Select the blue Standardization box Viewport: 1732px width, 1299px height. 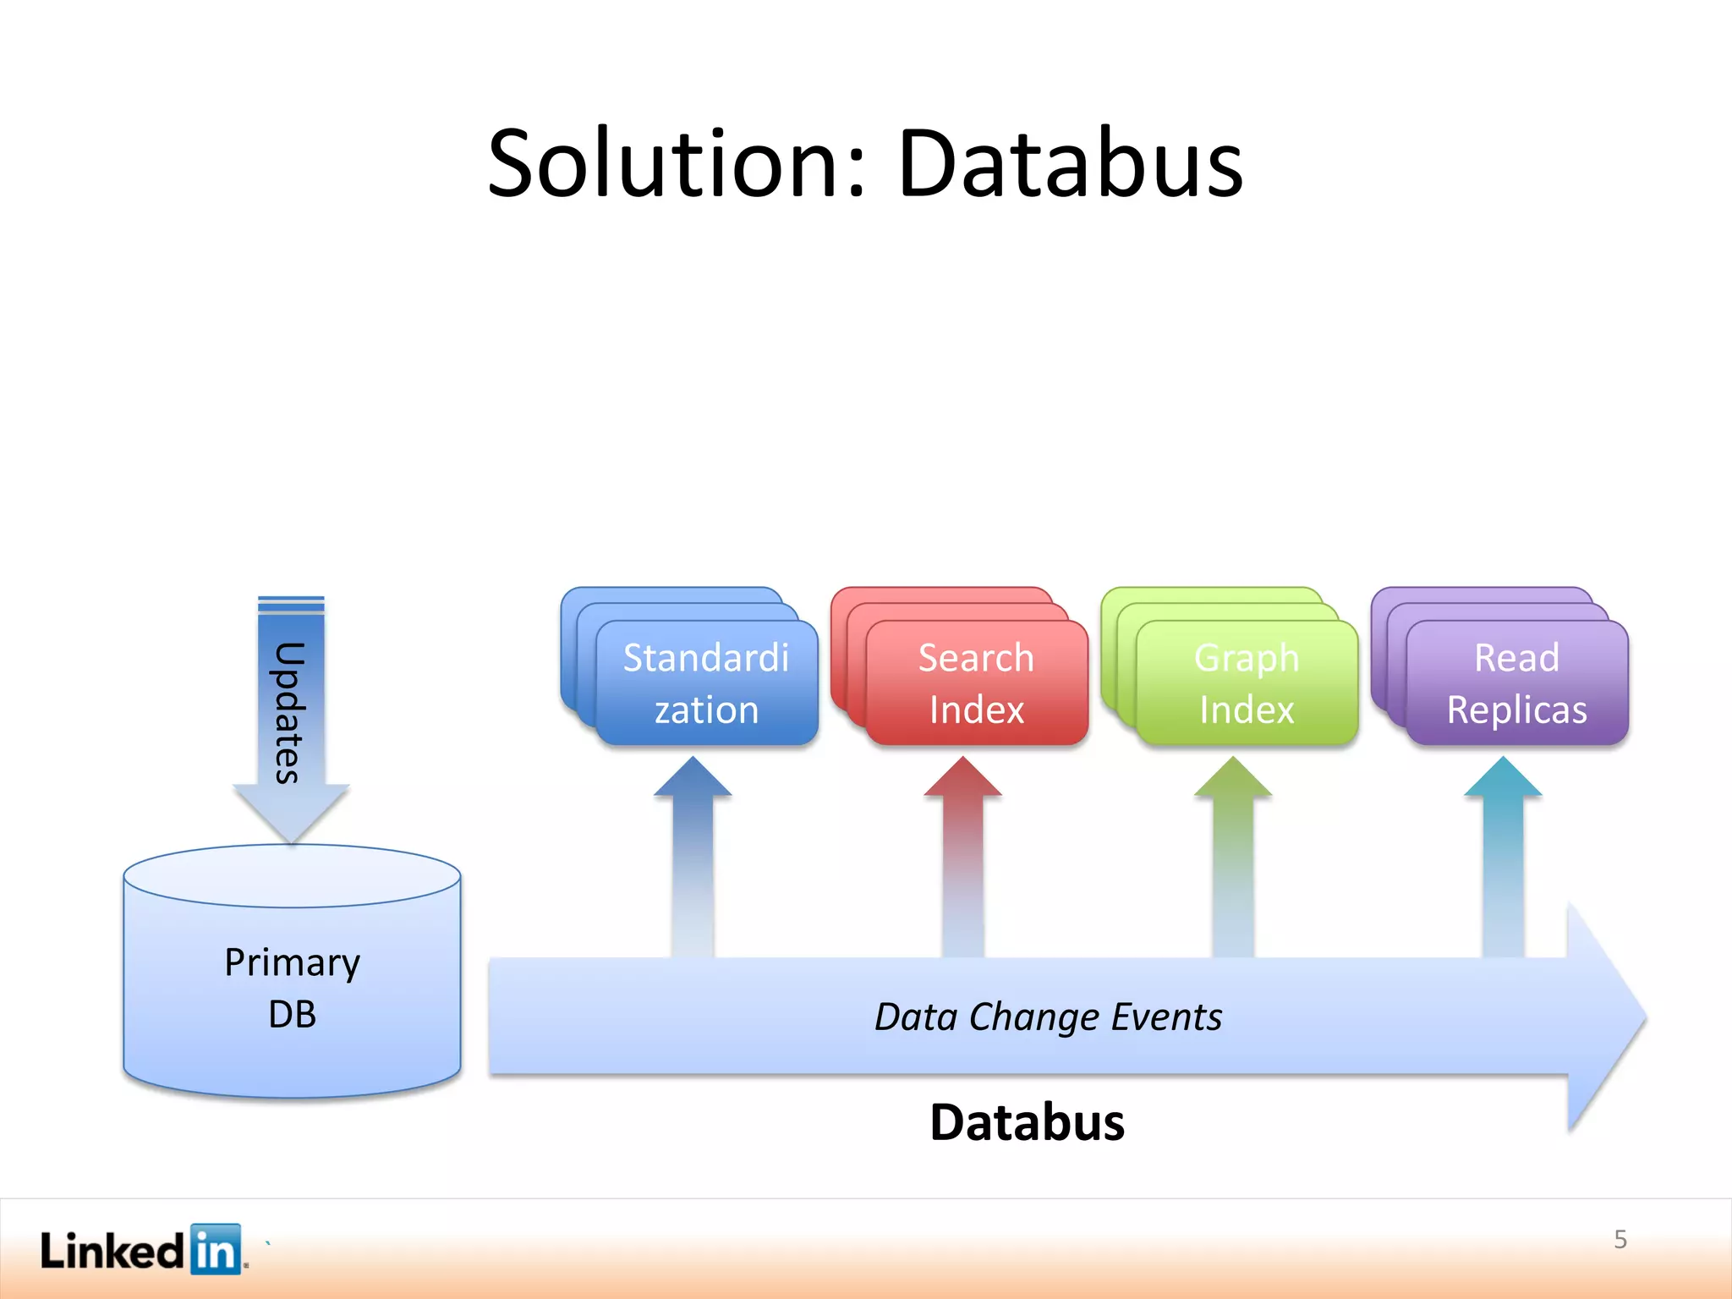coord(706,683)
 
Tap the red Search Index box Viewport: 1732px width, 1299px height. coord(976,683)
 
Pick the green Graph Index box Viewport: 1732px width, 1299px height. coord(1247,683)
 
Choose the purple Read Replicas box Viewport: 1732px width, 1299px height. coord(1516,683)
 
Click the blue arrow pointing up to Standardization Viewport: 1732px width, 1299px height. coord(693,854)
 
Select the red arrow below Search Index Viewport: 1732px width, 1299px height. coord(963,854)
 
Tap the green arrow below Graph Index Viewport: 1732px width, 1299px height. coord(1233,854)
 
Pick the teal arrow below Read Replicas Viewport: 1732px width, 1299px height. coord(1503,854)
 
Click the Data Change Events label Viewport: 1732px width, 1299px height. coord(1048,1017)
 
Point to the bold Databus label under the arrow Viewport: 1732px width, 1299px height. coord(1027,1122)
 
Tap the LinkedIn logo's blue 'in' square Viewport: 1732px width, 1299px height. coord(216,1249)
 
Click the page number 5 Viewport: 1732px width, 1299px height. coord(1620,1240)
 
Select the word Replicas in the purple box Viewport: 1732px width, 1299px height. coord(1516,710)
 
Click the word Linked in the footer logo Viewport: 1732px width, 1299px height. coord(112,1251)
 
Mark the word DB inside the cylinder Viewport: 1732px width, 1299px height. coord(292,1014)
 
